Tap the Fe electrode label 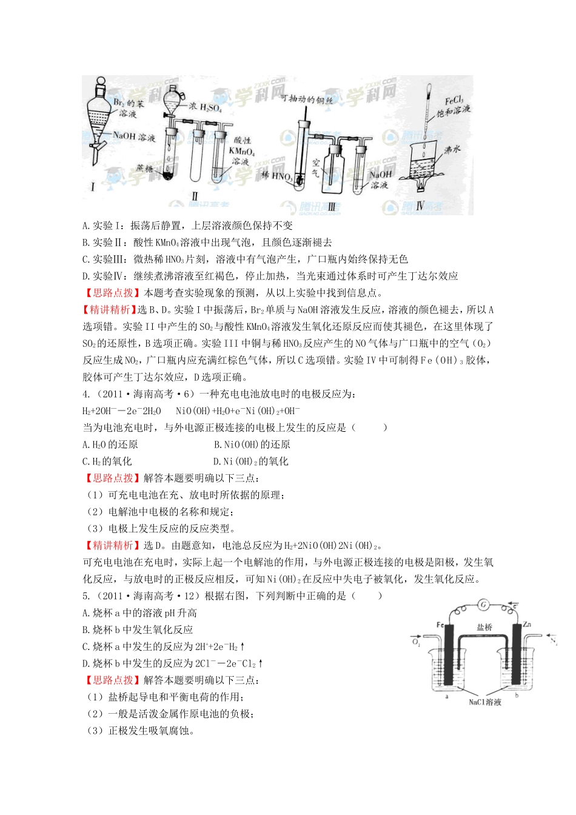(x=441, y=625)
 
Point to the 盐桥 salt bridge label (x=484, y=628)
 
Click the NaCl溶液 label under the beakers (x=485, y=702)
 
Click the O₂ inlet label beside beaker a (x=416, y=641)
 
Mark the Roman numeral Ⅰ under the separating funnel (x=93, y=187)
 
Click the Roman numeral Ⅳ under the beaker (x=420, y=206)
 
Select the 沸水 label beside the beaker (x=452, y=150)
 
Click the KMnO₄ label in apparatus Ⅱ (x=241, y=152)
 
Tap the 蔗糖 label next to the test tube (x=145, y=168)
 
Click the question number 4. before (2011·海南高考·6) (x=86, y=394)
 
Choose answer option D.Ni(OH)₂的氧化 (x=251, y=461)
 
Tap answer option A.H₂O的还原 (x=110, y=444)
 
